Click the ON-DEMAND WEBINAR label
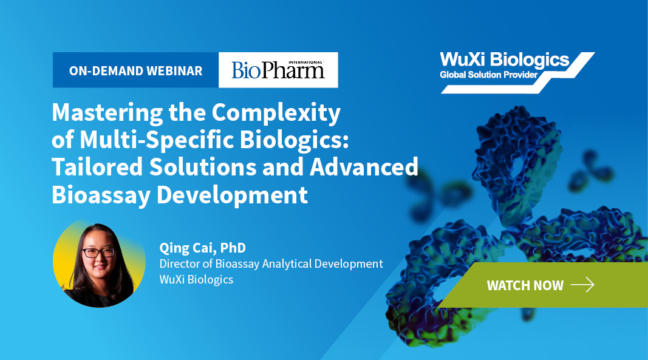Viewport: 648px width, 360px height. pos(135,70)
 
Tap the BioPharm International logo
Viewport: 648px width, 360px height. pos(278,70)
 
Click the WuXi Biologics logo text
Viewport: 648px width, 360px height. pos(505,60)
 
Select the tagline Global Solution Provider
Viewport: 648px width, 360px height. pos(488,75)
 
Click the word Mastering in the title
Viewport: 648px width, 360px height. pos(107,113)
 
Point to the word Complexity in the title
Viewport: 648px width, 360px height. pos(276,113)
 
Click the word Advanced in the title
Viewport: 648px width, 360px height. pos(364,167)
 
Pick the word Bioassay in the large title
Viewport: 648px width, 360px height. pos(101,195)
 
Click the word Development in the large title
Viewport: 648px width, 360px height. pos(232,195)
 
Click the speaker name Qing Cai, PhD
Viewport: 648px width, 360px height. pos(202,248)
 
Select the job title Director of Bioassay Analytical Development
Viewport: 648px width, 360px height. pos(271,263)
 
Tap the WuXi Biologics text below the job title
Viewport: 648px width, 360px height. pos(196,279)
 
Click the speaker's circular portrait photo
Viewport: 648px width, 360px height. pos(99,263)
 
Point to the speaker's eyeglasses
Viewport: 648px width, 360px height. pos(98,252)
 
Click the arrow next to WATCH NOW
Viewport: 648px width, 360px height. pos(582,285)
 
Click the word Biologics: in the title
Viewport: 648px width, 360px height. pos(295,140)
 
